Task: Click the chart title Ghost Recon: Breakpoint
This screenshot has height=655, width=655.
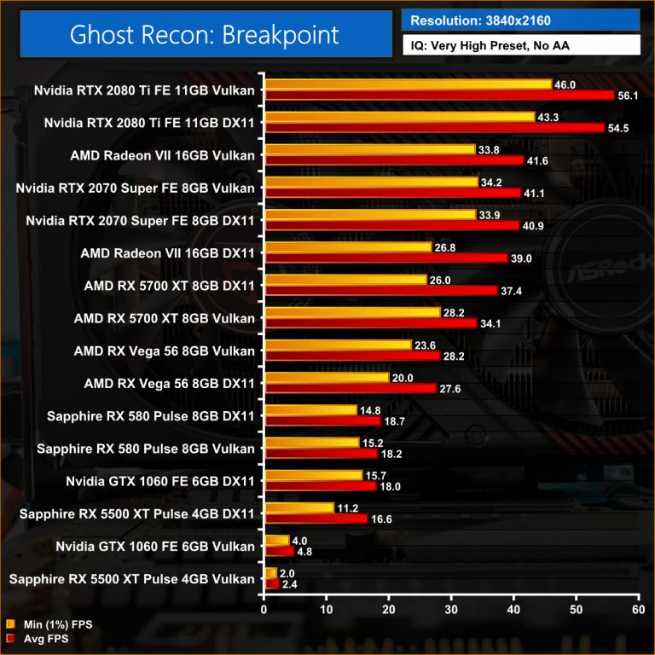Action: [x=204, y=35]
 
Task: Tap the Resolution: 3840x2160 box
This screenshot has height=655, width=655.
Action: [x=519, y=20]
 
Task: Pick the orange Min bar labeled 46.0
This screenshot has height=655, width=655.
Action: [x=409, y=84]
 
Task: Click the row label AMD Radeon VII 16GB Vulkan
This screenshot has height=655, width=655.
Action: [x=162, y=155]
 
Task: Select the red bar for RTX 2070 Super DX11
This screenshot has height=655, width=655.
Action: [x=391, y=225]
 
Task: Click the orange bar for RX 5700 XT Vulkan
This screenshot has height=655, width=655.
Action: [x=352, y=312]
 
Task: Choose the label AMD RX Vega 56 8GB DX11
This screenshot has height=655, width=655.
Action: [x=169, y=383]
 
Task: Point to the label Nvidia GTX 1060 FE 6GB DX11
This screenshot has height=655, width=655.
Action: [x=159, y=481]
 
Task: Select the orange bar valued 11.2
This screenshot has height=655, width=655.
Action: [x=299, y=507]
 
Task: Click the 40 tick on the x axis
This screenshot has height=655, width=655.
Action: [x=513, y=610]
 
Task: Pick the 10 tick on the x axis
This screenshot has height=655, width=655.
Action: [x=327, y=610]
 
